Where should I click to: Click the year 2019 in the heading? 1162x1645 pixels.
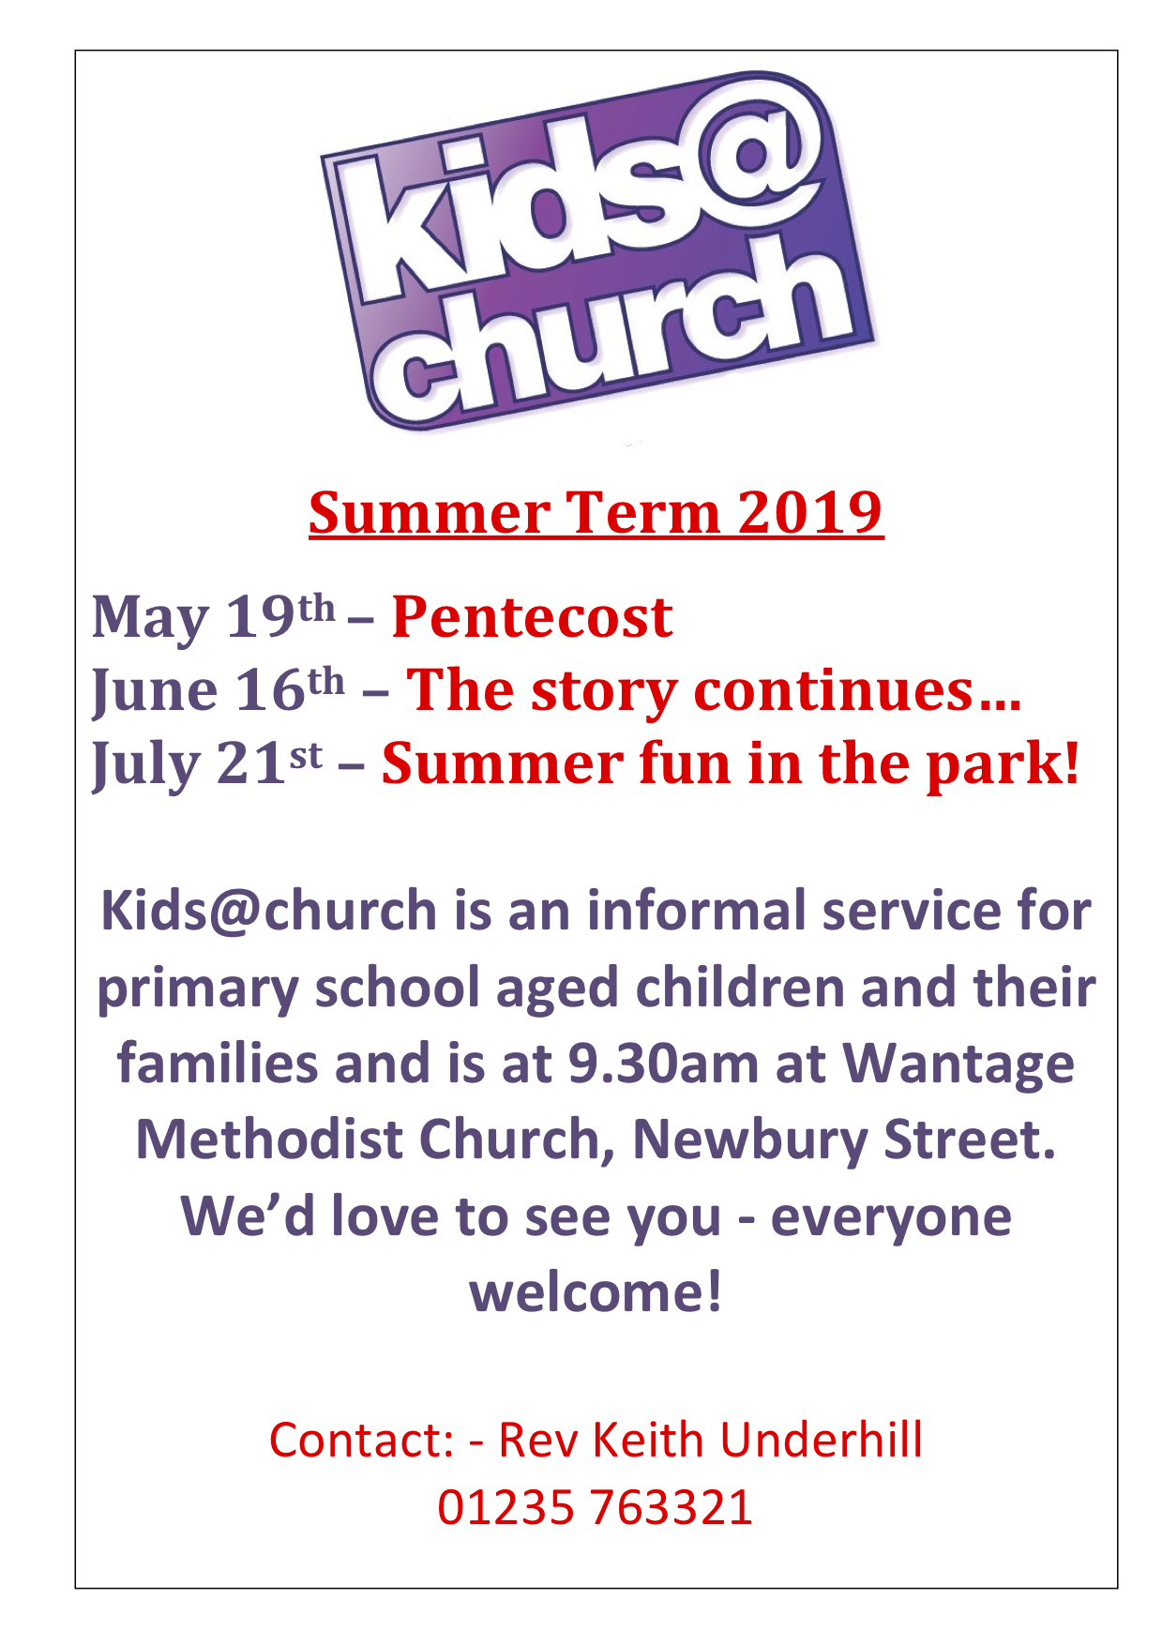point(809,513)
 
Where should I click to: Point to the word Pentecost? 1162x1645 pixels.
point(532,618)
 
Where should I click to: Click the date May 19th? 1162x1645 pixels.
point(213,618)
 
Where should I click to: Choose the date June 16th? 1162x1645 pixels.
point(219,691)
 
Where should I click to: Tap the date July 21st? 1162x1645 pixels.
point(207,764)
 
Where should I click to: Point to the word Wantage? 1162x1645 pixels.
point(958,1064)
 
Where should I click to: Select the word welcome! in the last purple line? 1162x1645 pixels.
point(596,1292)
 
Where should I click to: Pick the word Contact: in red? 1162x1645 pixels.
point(361,1440)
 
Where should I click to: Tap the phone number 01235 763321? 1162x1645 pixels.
point(595,1507)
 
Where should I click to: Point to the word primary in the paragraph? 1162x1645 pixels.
point(197,989)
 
